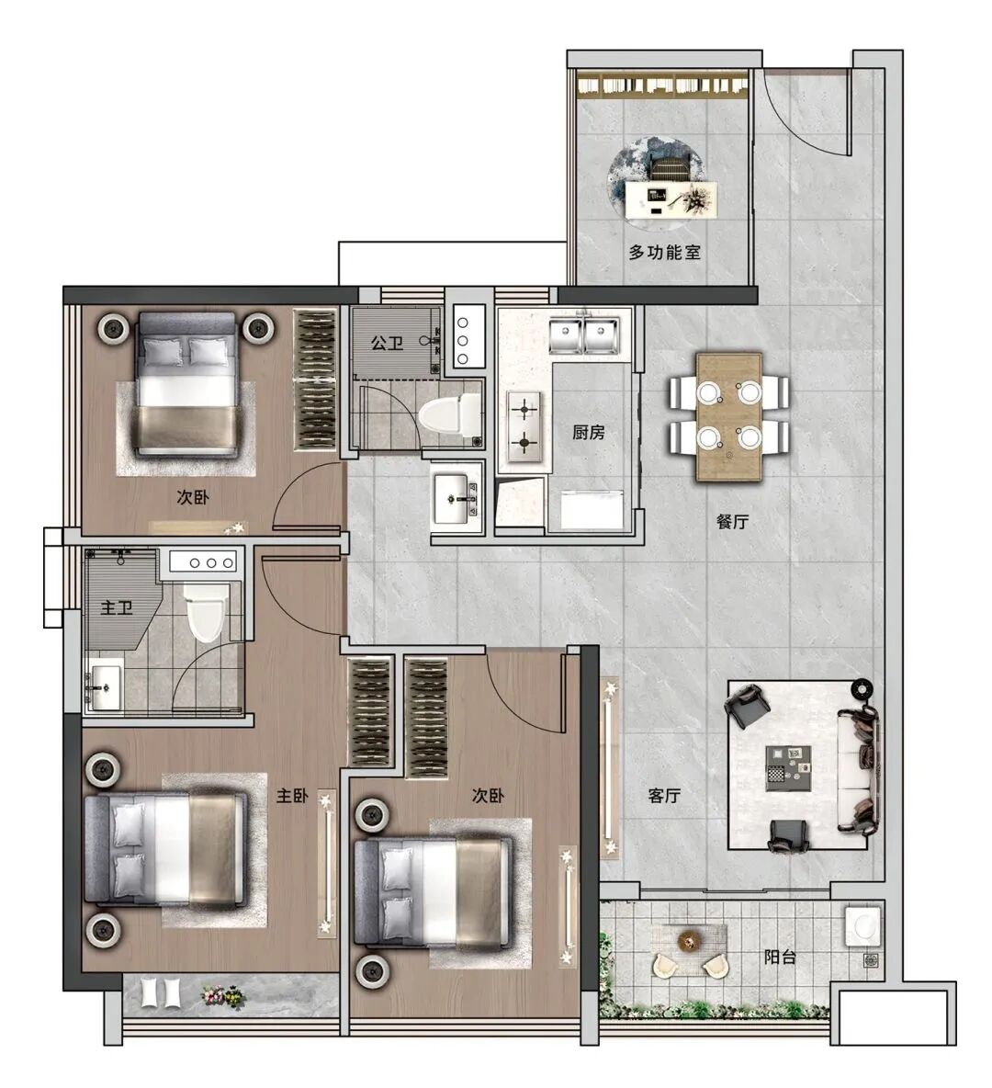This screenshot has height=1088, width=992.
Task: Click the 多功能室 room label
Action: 665,252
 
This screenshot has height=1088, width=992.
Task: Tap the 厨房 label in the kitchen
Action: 588,432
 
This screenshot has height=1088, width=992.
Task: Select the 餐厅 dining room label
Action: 733,521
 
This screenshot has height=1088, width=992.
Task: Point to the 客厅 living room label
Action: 664,795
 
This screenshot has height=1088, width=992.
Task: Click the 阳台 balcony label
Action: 780,957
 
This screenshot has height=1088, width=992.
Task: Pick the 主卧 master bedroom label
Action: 292,795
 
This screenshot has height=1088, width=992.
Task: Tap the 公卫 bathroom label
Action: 387,343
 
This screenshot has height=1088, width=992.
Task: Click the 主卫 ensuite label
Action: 117,607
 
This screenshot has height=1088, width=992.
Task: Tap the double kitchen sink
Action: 584,335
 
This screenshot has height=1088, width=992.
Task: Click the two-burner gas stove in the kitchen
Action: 524,426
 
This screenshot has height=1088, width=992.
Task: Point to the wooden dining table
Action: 729,418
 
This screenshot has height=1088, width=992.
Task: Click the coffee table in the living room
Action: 789,768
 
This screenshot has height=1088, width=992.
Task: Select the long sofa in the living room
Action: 857,768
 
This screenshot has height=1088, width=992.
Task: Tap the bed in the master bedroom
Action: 165,850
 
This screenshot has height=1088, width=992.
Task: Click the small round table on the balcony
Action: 689,941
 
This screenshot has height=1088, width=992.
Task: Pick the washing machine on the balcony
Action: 863,925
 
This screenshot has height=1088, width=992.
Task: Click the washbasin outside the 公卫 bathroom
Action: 457,498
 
